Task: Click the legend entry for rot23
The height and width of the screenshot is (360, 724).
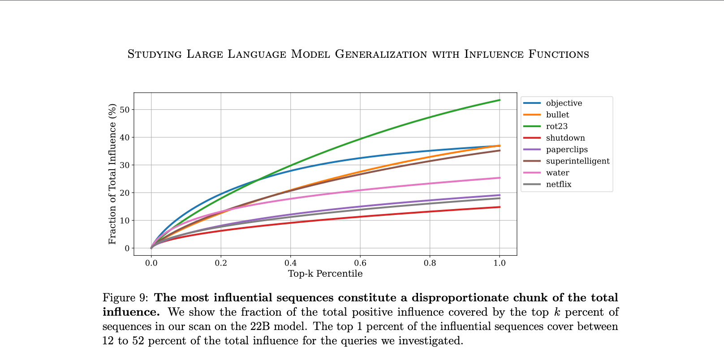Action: [556, 126]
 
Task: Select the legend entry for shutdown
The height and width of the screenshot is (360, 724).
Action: [565, 138]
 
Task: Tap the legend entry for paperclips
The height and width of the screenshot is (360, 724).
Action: [566, 150]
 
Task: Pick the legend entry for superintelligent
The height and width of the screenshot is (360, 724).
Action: [577, 161]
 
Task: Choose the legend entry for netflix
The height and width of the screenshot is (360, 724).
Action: [558, 184]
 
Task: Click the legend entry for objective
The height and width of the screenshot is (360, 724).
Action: [564, 103]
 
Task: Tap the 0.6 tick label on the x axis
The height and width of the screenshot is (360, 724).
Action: [360, 263]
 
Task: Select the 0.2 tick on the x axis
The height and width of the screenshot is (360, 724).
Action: [221, 263]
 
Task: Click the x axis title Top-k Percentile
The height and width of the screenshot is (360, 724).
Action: [325, 274]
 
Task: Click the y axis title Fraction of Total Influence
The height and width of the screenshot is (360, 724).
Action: [112, 174]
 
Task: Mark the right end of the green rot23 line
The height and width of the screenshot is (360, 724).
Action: [500, 100]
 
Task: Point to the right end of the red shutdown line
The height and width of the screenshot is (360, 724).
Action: [500, 207]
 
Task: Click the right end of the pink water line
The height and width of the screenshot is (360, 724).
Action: [500, 178]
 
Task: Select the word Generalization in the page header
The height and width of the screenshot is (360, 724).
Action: [381, 54]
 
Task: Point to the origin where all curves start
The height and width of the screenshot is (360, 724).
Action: [151, 248]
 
